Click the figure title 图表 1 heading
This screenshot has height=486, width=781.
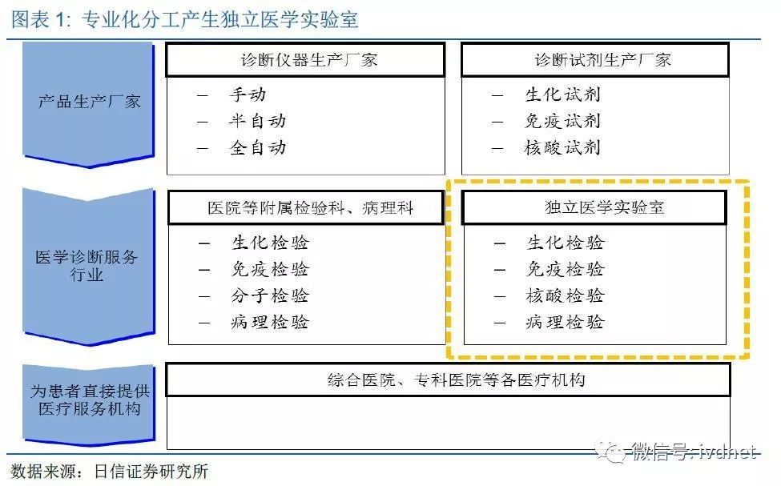[185, 20]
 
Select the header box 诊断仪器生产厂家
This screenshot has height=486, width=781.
[305, 60]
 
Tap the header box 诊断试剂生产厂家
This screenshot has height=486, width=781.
[595, 60]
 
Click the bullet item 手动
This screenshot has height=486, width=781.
[248, 94]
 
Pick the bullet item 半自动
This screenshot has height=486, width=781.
[257, 121]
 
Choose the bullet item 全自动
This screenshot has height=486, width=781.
[257, 147]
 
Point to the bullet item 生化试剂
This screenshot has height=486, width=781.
[563, 94]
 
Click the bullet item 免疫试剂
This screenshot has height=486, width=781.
[563, 121]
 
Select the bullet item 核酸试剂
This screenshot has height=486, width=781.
[563, 147]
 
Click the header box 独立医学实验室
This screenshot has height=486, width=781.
[594, 207]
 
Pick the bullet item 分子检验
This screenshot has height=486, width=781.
[270, 295]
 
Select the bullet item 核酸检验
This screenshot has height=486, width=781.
[566, 295]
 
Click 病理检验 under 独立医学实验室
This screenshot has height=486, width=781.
[566, 322]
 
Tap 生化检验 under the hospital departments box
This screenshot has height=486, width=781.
[270, 243]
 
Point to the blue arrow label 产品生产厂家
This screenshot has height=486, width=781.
[89, 102]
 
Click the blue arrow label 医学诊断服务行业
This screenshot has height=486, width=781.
[87, 266]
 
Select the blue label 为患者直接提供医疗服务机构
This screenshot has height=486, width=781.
[90, 400]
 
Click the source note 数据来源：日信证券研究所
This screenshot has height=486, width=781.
[110, 471]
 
